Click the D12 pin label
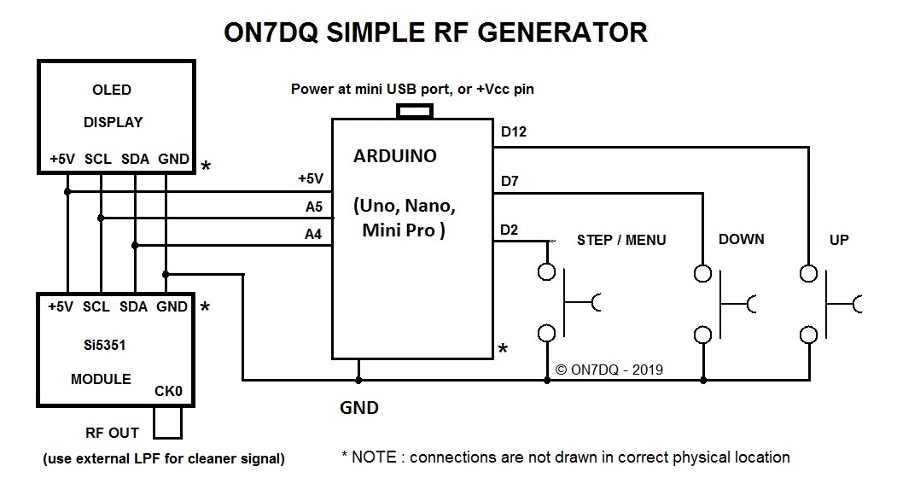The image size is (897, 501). tap(514, 132)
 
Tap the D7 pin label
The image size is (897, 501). tap(510, 181)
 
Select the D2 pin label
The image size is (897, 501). tap(510, 230)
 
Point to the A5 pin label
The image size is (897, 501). tap(313, 206)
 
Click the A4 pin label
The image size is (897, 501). tap(313, 233)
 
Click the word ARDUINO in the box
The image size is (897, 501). tap(394, 156)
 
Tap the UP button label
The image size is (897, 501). tap(839, 240)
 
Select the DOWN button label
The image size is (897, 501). tap(741, 239)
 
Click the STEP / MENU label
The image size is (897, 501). tap(621, 240)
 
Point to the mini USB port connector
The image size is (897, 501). tap(416, 111)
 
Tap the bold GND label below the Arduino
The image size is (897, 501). tap(358, 408)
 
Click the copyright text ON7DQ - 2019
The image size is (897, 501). tap(609, 370)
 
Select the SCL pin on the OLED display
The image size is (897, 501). tap(100, 159)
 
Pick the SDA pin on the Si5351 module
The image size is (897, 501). tap(135, 306)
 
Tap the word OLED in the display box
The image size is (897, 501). tap(111, 90)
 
